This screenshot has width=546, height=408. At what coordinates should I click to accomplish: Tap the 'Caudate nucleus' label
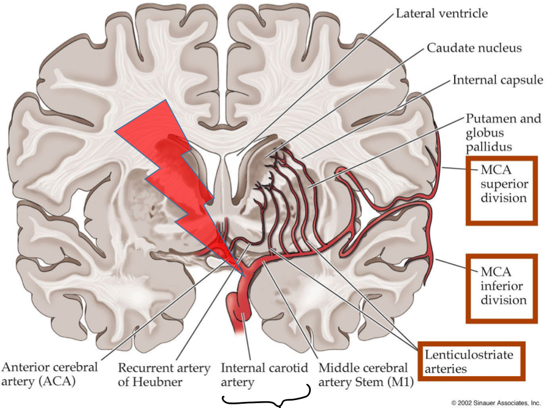coord(474,47)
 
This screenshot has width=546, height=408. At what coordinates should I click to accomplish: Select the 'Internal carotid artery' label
coord(255,376)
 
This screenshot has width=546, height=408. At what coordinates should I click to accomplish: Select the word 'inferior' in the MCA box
coord(503,285)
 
